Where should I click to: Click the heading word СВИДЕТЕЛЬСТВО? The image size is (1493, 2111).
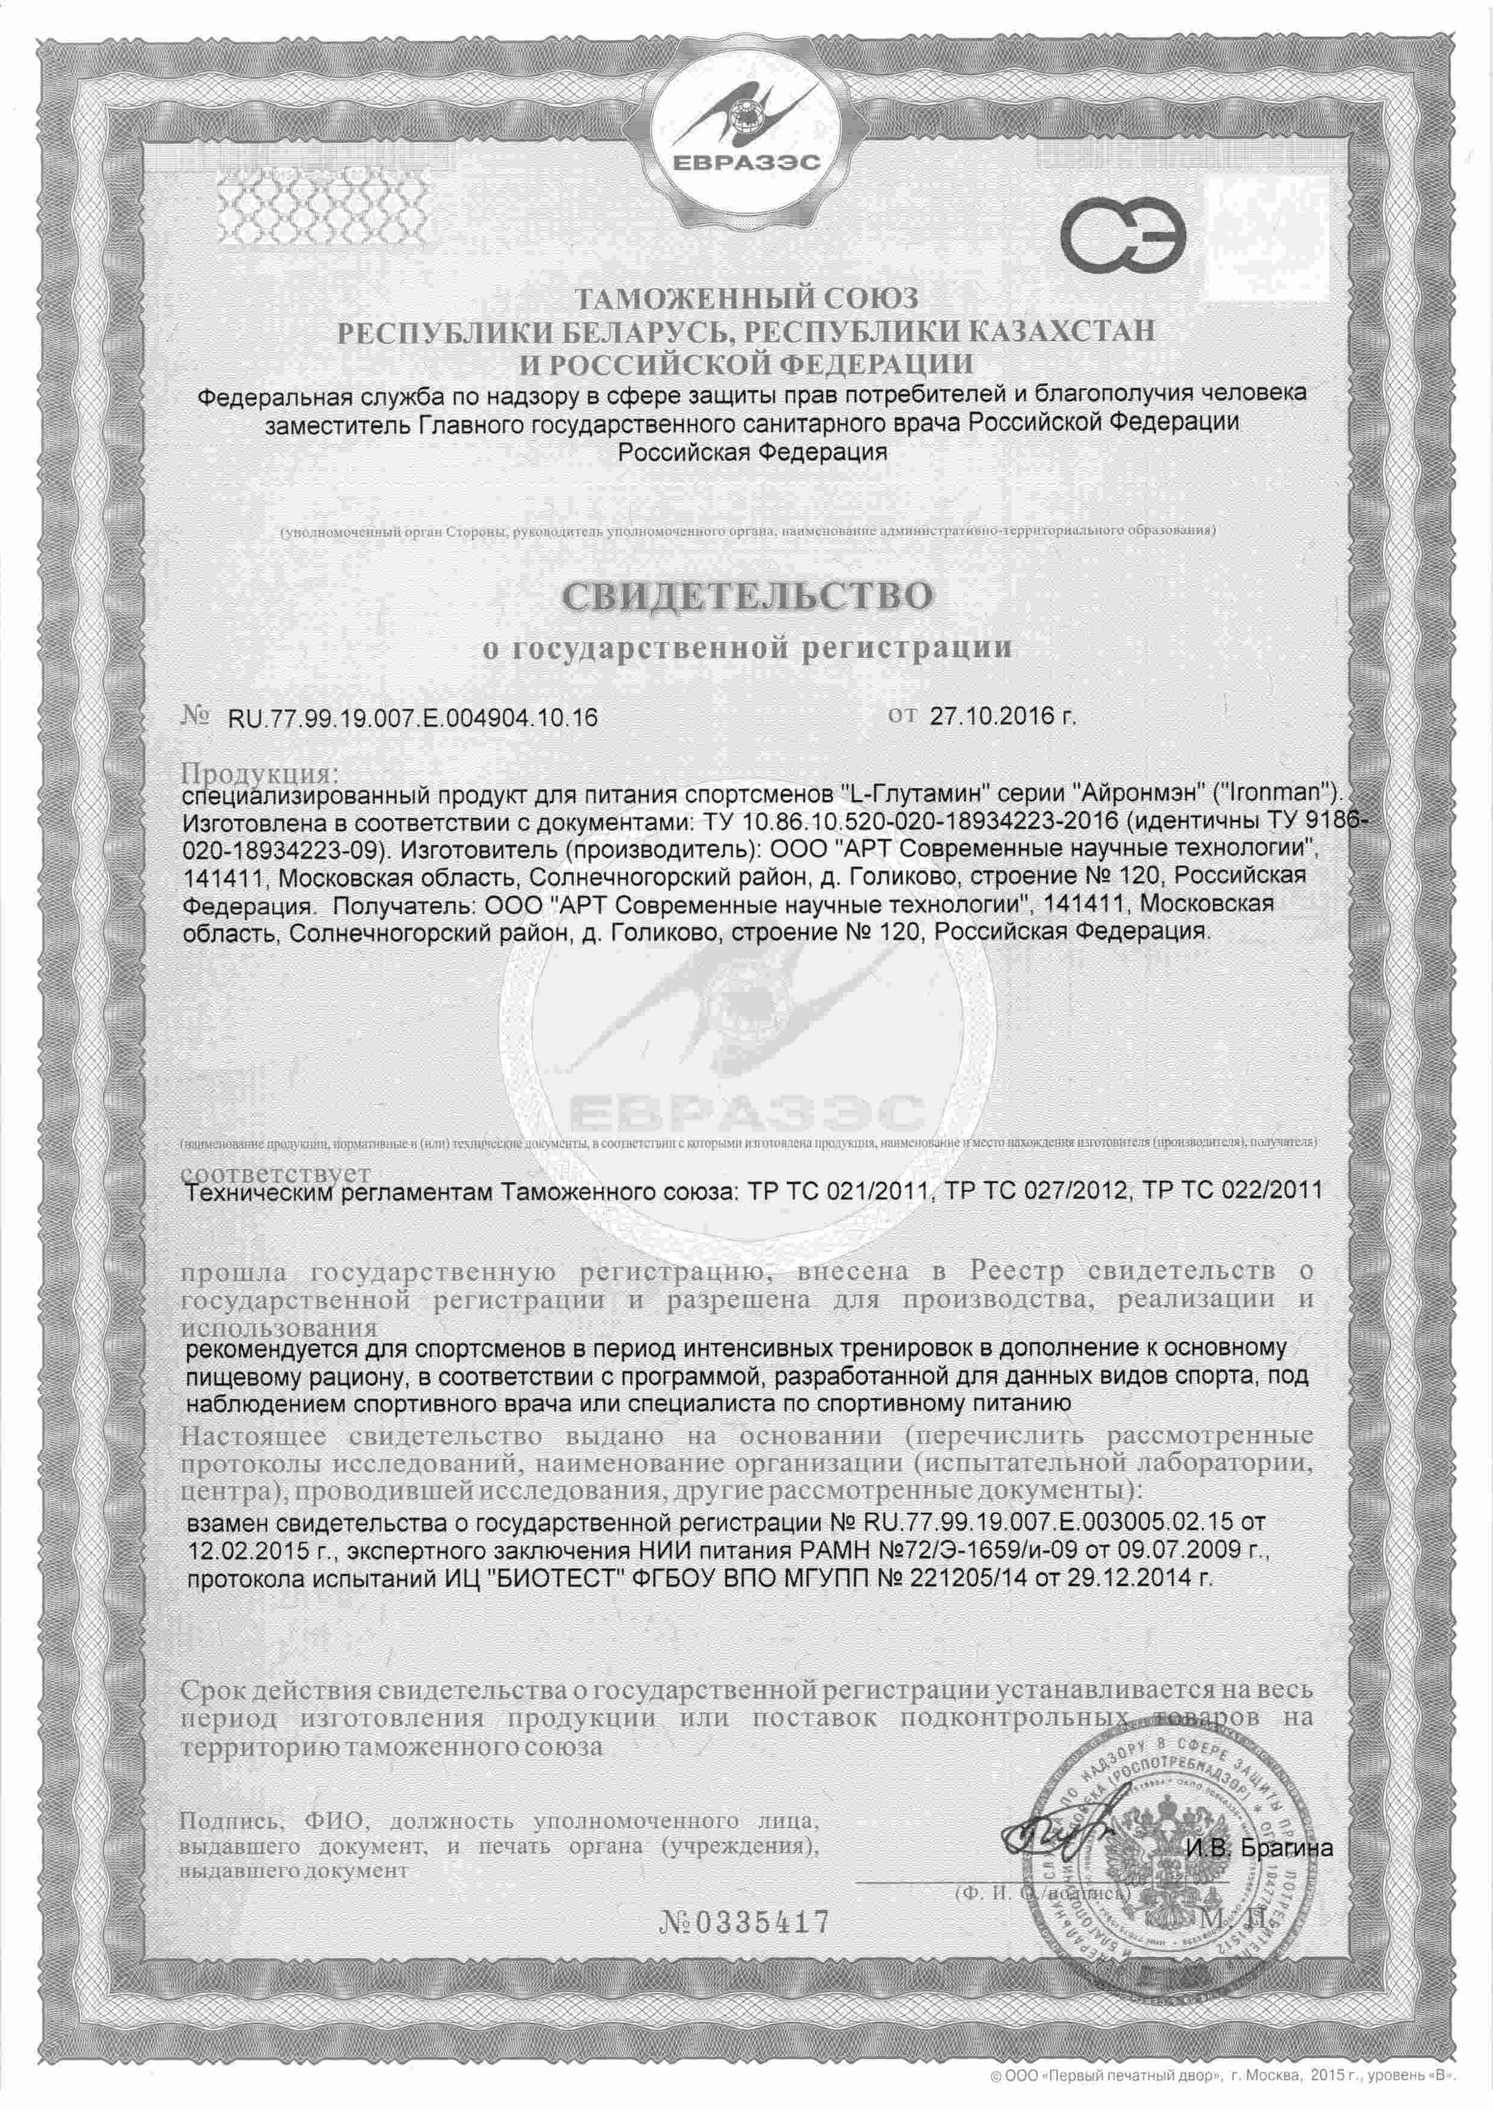746,596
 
